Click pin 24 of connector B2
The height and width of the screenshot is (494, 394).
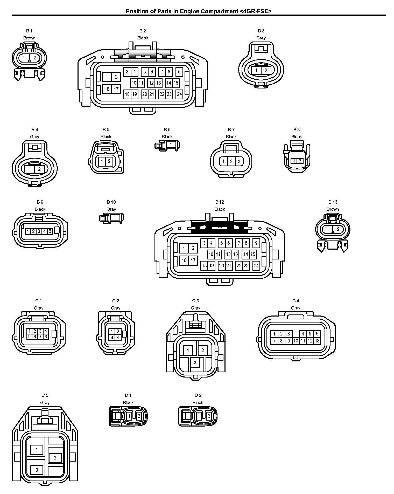tap(179, 94)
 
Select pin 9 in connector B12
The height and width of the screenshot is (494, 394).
tap(256, 243)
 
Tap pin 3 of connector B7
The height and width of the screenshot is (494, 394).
tap(239, 161)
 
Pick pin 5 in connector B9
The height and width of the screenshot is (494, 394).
tap(50, 231)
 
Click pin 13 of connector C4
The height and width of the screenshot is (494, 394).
tap(317, 341)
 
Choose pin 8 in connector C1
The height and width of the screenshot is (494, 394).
tap(46, 337)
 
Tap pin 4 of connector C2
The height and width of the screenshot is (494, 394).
tap(118, 337)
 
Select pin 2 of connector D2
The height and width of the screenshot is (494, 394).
tap(208, 416)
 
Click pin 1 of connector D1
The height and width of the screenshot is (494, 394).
tap(129, 416)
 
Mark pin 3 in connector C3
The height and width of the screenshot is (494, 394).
tap(195, 362)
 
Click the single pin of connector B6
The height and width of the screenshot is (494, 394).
tap(171, 144)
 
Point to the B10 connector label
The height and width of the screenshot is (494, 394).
tap(111, 202)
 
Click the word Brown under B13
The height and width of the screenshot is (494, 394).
tap(333, 209)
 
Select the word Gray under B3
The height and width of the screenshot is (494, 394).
tap(261, 38)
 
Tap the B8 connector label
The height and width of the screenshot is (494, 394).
tap(297, 129)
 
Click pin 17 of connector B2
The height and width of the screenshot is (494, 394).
tap(116, 89)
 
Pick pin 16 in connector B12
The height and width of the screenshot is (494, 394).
tap(184, 260)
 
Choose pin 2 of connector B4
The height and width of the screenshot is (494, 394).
tap(39, 169)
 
